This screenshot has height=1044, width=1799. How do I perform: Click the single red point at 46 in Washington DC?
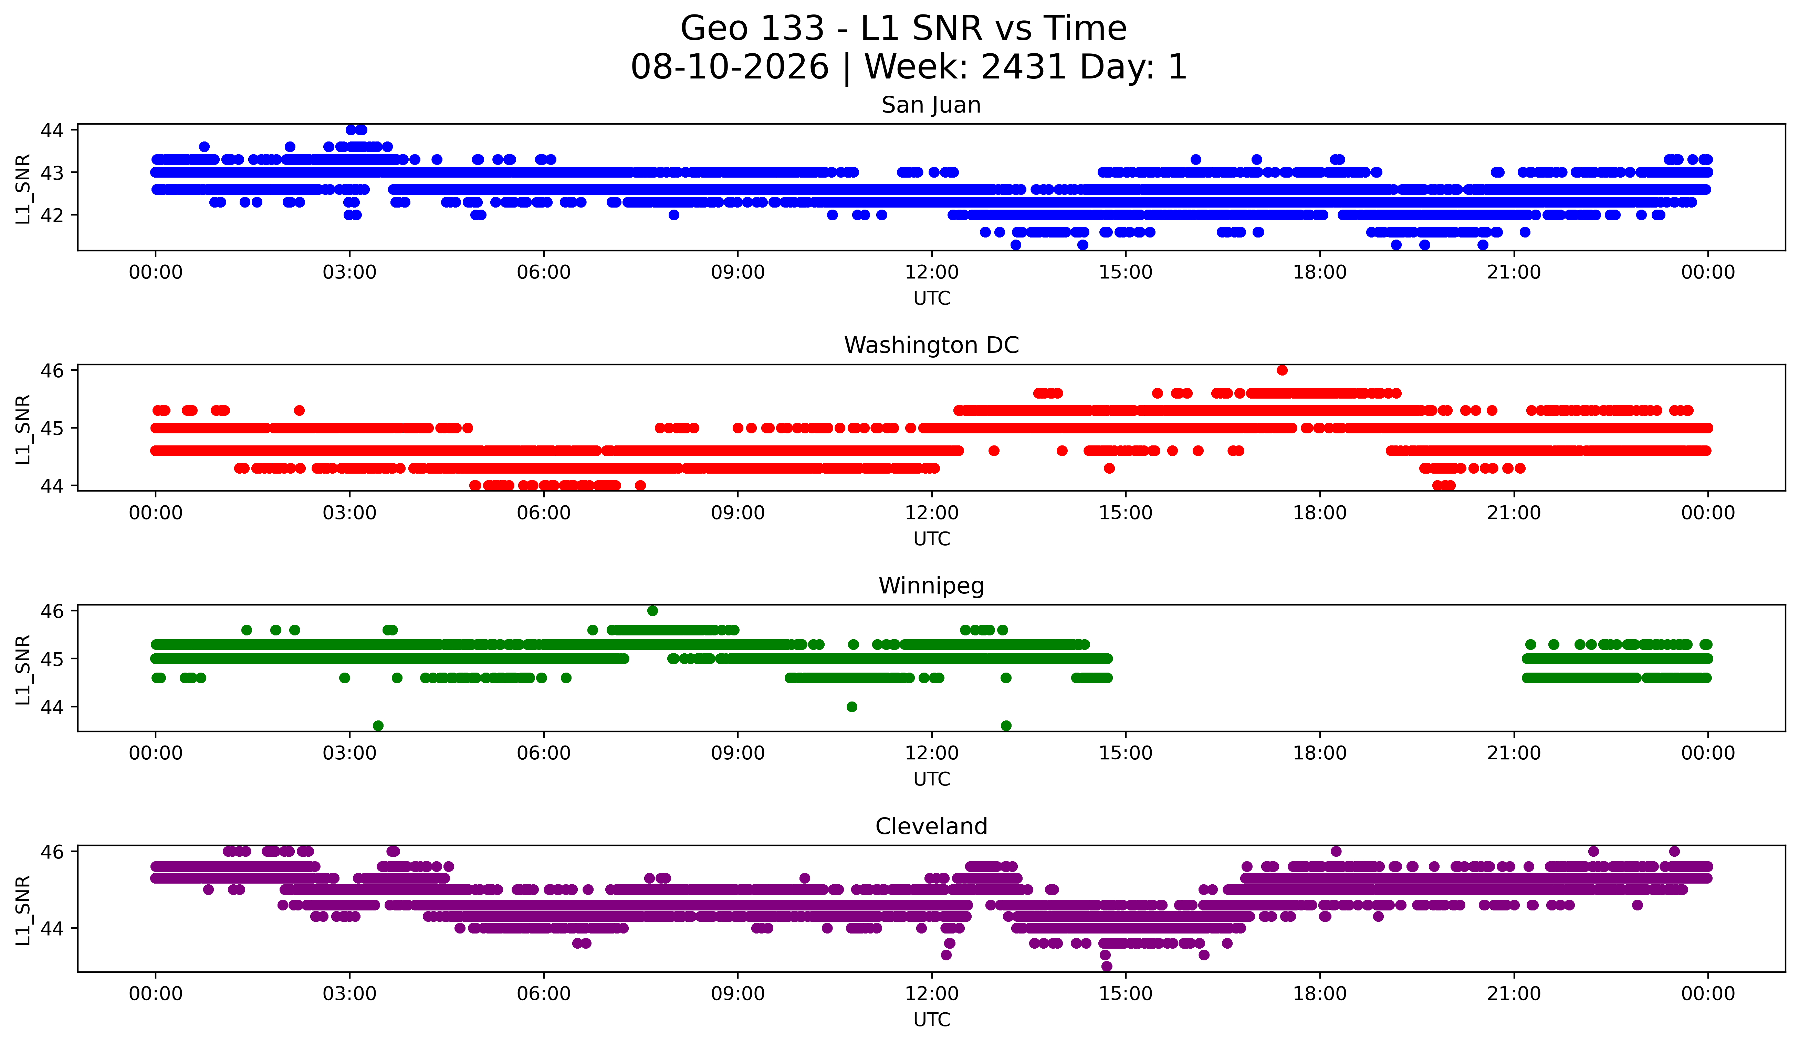[x=1282, y=370]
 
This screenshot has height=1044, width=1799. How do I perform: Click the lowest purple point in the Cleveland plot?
[x=1107, y=966]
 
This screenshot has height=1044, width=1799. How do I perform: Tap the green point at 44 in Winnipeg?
[x=852, y=706]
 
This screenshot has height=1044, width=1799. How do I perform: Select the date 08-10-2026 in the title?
[x=730, y=67]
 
